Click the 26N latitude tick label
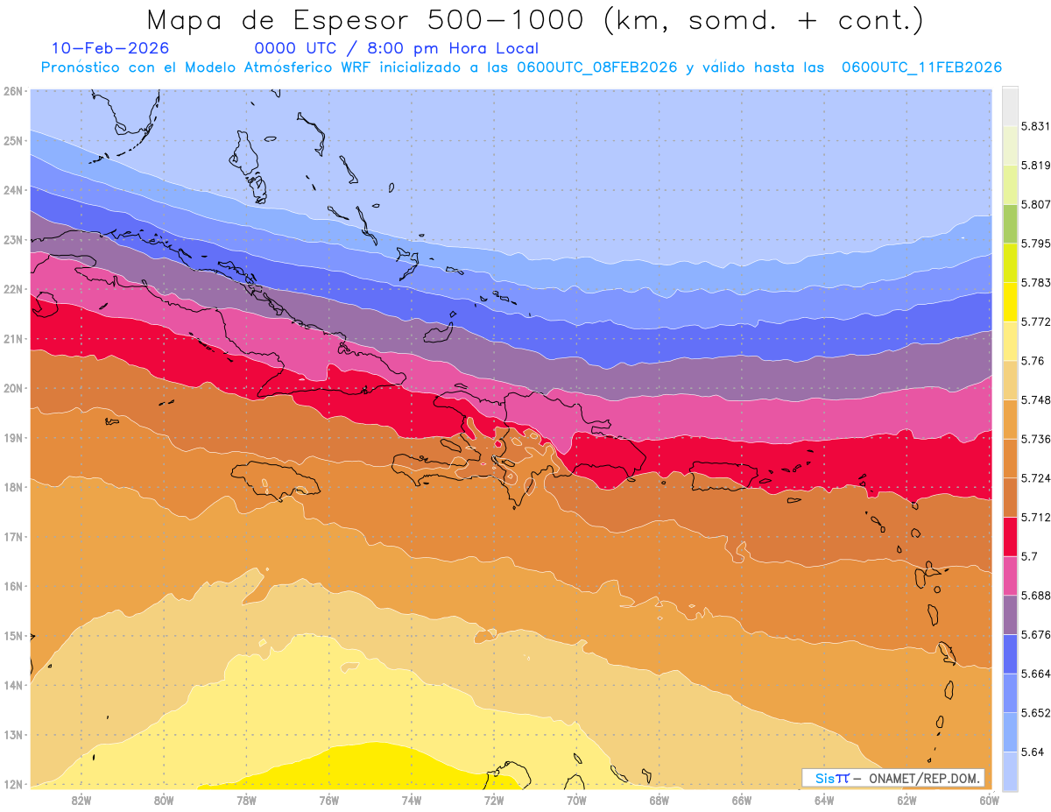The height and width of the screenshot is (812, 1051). click(12, 90)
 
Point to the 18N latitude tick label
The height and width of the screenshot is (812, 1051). click(12, 487)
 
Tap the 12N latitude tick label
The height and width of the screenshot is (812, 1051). click(12, 784)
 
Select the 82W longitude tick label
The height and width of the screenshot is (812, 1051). click(81, 799)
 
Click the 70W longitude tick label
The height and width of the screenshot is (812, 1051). click(576, 799)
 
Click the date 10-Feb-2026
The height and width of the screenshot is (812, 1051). click(110, 48)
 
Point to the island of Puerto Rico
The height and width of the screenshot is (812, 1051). click(723, 475)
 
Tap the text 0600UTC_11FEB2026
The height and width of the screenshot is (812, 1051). click(921, 67)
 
